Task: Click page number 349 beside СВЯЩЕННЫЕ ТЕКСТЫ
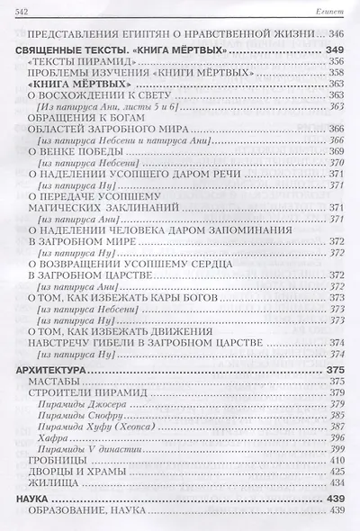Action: [337, 48]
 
